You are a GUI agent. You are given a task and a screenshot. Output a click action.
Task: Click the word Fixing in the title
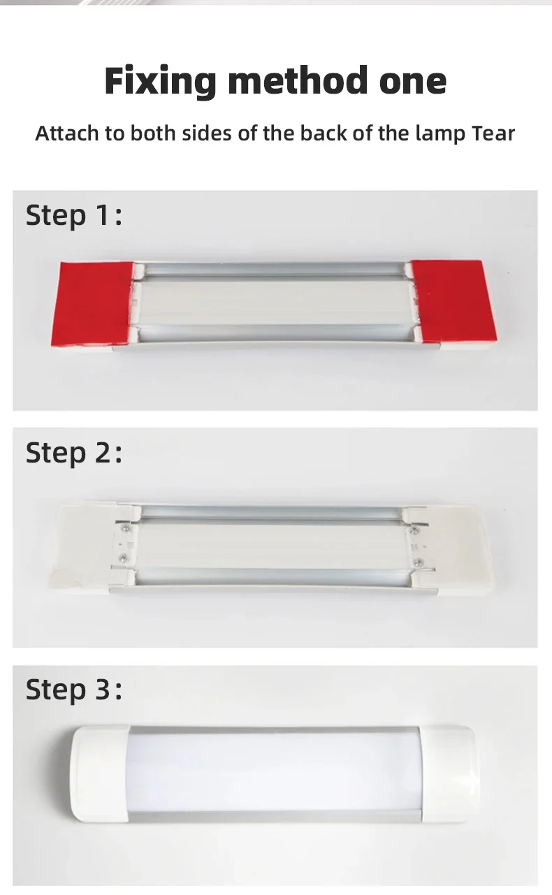click(160, 82)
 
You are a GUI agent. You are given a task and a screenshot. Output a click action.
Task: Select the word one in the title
click(412, 85)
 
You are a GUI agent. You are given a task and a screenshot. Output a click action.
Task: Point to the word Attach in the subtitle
click(67, 133)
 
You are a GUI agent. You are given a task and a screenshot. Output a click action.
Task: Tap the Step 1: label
click(73, 216)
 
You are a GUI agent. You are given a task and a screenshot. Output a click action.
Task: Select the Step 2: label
click(73, 453)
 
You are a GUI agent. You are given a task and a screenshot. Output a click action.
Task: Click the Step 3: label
click(73, 690)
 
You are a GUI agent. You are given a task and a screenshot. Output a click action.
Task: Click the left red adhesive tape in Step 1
click(93, 303)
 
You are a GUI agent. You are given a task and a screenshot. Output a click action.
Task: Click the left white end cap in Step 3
click(100, 774)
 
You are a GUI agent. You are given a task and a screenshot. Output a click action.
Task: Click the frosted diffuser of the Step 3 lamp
click(275, 774)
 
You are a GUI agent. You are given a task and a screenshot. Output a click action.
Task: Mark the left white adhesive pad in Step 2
click(87, 546)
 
